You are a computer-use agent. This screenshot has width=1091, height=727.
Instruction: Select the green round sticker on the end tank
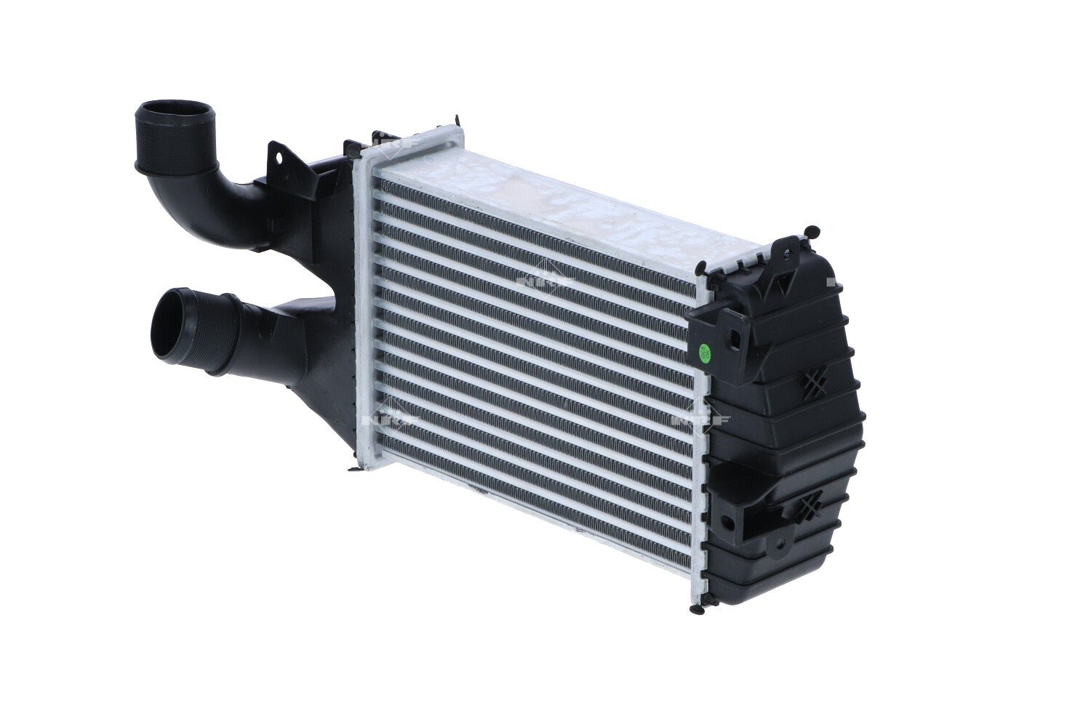click(704, 353)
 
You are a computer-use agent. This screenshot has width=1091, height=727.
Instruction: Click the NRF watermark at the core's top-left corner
click(396, 142)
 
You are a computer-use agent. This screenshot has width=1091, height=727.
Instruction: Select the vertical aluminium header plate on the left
click(366, 305)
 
